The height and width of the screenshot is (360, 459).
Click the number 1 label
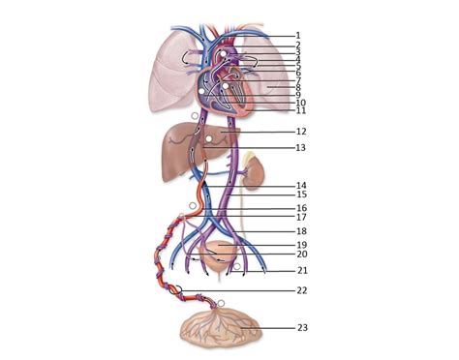298,35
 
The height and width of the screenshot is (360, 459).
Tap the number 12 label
301,131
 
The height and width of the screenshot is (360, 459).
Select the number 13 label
301,147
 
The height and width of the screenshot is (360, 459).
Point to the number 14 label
301,185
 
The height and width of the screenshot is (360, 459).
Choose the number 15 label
301,195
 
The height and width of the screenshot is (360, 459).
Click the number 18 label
301,231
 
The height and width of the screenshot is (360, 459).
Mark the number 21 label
302,270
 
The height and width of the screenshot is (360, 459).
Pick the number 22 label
302,289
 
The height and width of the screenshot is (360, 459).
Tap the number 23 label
302,327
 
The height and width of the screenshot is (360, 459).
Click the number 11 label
301,110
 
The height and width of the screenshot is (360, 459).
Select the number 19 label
301,246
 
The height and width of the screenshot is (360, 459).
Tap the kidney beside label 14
253,173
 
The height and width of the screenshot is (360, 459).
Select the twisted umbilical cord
160,261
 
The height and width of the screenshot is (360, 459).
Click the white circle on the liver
209,141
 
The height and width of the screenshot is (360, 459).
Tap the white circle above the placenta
223,304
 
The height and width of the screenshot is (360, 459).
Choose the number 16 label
301,208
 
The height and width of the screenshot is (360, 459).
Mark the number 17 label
301,217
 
